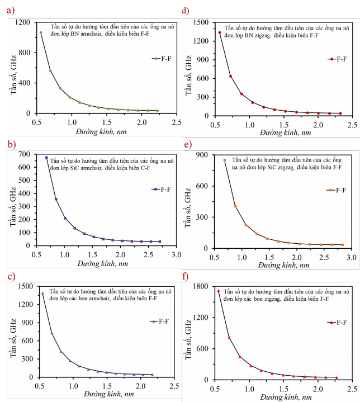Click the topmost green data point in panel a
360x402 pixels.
(x=41, y=33)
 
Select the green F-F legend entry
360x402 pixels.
(x=162, y=58)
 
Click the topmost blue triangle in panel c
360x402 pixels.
(x=42, y=294)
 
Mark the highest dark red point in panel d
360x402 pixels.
(x=220, y=32)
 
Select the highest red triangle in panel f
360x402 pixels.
(x=219, y=291)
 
